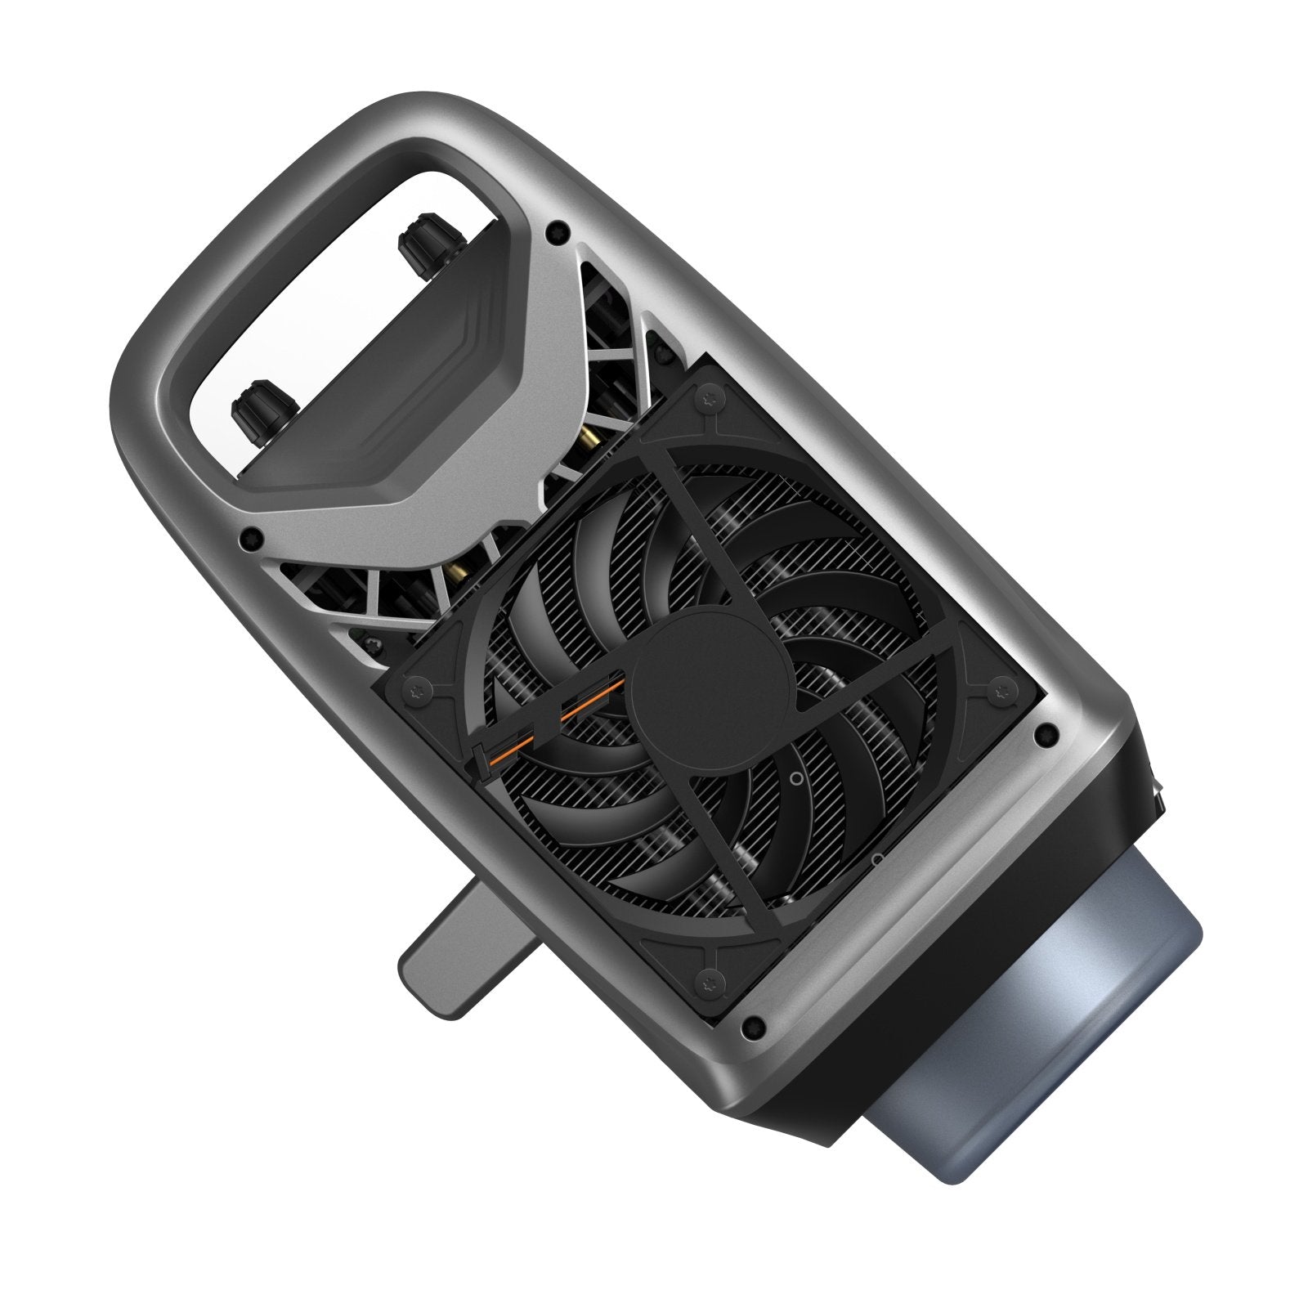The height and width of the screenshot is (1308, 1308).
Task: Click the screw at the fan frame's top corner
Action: point(705,398)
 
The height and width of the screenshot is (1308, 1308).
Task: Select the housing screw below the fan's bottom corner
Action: point(754,1022)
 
